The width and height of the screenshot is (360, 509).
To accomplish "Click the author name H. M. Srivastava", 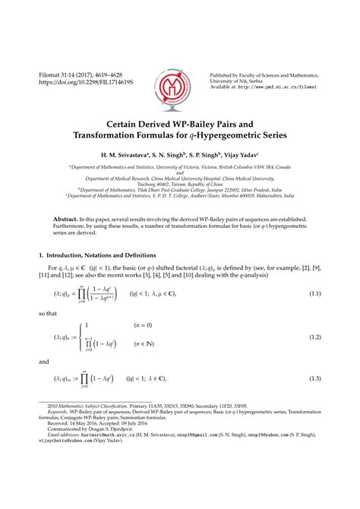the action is [130, 153].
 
